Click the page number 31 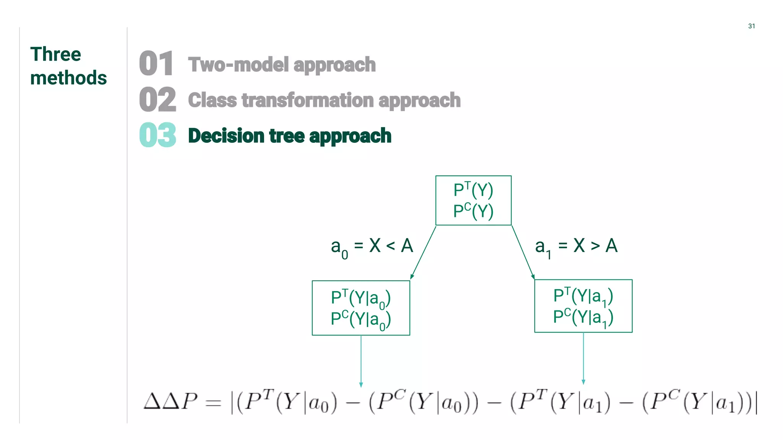[x=751, y=26]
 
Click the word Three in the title [x=56, y=54]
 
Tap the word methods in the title [x=68, y=78]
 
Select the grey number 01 [x=156, y=63]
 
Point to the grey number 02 [x=158, y=99]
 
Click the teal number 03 [x=158, y=135]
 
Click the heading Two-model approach [x=282, y=65]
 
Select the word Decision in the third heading [x=226, y=136]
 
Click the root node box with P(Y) [x=473, y=201]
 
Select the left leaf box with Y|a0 [x=361, y=308]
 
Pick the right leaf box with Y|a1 [x=583, y=306]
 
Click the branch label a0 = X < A [x=372, y=246]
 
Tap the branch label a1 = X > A [x=576, y=246]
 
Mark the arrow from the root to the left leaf [x=423, y=252]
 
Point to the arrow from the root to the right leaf [x=523, y=252]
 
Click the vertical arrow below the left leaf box [x=361, y=361]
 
